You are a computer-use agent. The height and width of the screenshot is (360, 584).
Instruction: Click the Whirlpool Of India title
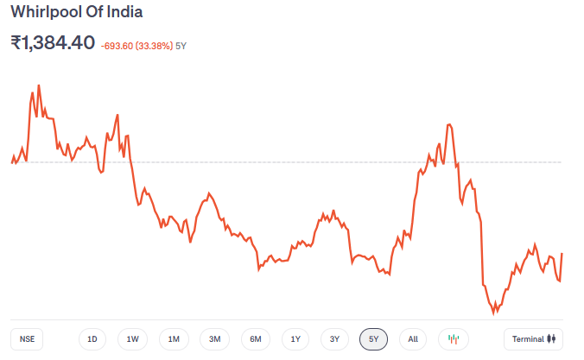coord(77,13)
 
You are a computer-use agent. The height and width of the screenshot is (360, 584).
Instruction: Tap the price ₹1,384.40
coord(53,42)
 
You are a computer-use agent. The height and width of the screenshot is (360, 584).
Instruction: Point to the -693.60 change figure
coord(121,45)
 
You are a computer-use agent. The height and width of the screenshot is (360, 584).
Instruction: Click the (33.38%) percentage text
coord(156,45)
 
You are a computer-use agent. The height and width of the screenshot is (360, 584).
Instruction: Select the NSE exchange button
coord(27,339)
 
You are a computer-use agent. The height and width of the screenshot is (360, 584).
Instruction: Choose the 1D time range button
coord(92,339)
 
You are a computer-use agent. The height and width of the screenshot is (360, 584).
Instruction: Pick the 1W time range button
coord(133,339)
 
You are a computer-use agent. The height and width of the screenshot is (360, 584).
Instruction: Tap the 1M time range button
coord(174,339)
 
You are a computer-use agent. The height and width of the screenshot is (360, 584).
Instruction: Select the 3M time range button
coord(214,339)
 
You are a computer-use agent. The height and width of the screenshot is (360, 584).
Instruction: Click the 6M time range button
coord(255,339)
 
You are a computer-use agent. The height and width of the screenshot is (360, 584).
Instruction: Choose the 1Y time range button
coord(295,339)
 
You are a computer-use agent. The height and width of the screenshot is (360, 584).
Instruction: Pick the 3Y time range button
coord(334,339)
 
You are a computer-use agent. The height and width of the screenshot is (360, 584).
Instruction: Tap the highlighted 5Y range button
coord(374,339)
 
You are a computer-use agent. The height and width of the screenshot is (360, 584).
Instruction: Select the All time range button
coord(413,339)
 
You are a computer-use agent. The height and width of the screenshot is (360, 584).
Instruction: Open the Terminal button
coord(534,339)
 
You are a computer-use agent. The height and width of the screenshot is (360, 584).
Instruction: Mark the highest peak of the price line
coord(39,85)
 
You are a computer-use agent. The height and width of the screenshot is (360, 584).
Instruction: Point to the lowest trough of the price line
coord(495,313)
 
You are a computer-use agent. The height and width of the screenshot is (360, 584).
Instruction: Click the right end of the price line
coord(562,254)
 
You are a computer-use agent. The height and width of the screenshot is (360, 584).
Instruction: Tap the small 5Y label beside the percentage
coord(181,45)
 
